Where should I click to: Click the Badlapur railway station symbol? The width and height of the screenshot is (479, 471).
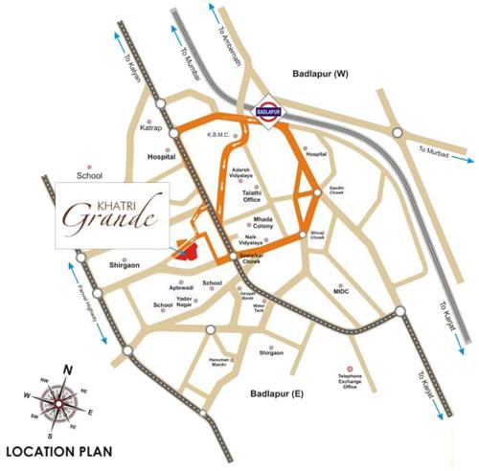273,112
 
